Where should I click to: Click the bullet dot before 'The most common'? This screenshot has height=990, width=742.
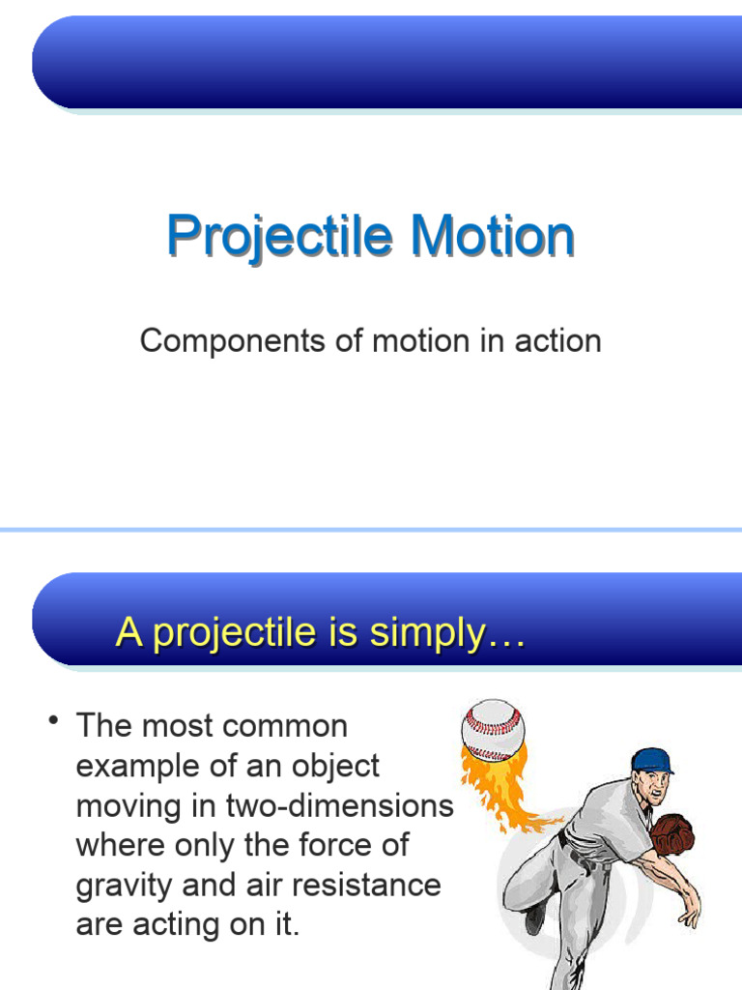pyautogui.click(x=56, y=722)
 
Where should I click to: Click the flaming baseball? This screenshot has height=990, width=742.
pyautogui.click(x=493, y=729)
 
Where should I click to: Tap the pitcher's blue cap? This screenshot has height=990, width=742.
pyautogui.click(x=651, y=760)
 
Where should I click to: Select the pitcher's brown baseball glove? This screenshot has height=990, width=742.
pyautogui.click(x=672, y=833)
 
